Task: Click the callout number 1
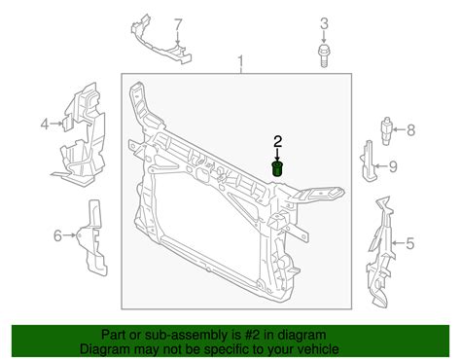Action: pos(240,62)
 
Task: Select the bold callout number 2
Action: pos(278,142)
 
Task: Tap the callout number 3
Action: pos(324,23)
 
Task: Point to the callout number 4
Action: pos(45,124)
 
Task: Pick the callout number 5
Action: pos(410,243)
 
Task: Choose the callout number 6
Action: pos(57,235)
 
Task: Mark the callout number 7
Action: pos(178,24)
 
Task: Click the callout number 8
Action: pos(410,130)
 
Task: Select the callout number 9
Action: pos(393,166)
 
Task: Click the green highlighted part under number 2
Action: pos(276,168)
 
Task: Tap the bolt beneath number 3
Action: pos(324,56)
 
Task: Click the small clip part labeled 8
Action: pos(386,130)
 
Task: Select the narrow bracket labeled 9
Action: pos(369,161)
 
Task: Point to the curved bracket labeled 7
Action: pos(161,40)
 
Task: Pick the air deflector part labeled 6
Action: pos(92,237)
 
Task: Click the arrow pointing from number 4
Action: pos(55,124)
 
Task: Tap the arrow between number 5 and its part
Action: pos(399,243)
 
